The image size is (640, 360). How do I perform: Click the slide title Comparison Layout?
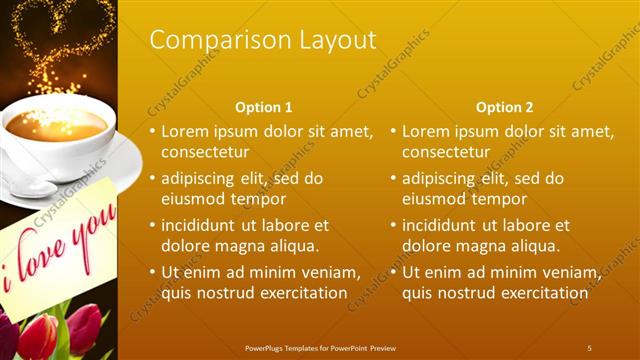click(x=263, y=40)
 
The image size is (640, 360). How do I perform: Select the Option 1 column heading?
click(x=264, y=107)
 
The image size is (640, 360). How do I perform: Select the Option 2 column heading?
click(x=505, y=107)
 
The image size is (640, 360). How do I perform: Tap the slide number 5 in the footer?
click(x=589, y=348)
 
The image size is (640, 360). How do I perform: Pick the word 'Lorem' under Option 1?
click(x=185, y=131)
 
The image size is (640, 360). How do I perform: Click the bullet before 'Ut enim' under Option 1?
click(x=153, y=272)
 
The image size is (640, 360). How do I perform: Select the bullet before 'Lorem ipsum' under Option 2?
click(x=393, y=131)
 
